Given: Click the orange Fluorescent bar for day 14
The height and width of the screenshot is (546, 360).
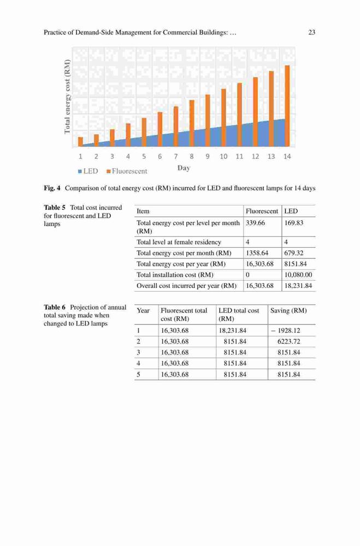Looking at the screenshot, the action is [x=287, y=106].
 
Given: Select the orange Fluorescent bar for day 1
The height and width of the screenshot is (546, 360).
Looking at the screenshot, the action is [x=80, y=142].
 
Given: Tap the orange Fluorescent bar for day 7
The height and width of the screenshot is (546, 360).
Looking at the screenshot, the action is [x=176, y=127].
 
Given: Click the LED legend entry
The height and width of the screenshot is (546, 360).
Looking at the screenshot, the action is [x=88, y=171].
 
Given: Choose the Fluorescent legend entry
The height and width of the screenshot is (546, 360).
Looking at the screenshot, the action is [x=127, y=171].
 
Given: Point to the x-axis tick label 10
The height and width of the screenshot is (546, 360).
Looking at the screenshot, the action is [x=223, y=157].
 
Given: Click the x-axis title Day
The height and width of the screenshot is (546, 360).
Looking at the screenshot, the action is [x=184, y=168].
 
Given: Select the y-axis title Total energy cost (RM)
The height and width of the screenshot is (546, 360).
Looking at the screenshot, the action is [x=67, y=97].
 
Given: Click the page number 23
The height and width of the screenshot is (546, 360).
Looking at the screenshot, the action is [x=312, y=32].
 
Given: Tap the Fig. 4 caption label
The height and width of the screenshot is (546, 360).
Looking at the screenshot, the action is [x=52, y=188].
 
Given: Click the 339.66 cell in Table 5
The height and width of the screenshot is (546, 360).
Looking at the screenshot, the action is [x=256, y=223].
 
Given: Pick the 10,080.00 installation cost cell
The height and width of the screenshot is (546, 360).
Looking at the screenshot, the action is [x=298, y=275].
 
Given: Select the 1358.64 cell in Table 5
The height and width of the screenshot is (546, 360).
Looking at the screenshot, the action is [x=257, y=253].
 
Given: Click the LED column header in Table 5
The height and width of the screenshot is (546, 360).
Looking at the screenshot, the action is [x=291, y=211].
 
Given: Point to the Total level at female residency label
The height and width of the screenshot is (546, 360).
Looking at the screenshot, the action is [x=179, y=242].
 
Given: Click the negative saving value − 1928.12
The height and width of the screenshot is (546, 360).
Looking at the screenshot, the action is [x=285, y=330].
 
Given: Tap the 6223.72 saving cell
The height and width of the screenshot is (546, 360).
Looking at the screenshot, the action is [x=288, y=342].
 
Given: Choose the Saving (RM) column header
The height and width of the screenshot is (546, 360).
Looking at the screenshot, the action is [x=288, y=311].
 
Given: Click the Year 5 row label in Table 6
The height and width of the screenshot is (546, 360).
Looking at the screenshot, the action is [x=138, y=375].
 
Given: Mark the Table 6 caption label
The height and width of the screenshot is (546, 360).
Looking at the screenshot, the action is [x=55, y=307].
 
